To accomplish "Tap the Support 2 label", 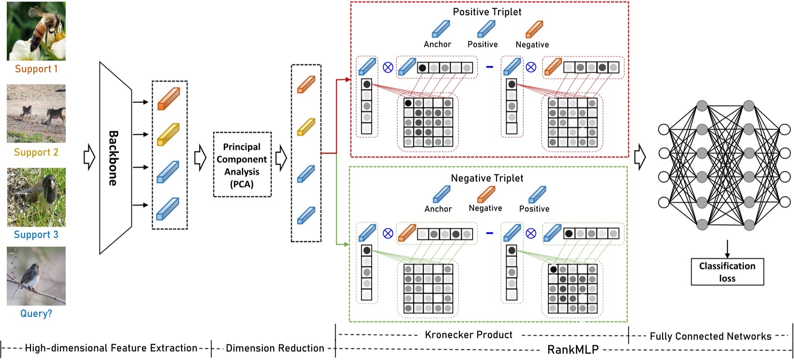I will [x=36, y=152].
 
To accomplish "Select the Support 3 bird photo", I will [x=36, y=197].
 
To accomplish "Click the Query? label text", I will [x=36, y=314].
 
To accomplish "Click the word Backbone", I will [x=113, y=158].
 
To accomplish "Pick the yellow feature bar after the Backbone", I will [x=169, y=134].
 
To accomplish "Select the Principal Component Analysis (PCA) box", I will [x=242, y=165].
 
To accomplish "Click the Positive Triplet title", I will [x=487, y=12].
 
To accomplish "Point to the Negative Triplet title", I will [x=487, y=178].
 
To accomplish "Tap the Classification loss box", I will [x=727, y=272].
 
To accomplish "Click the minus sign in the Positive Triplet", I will [x=489, y=67].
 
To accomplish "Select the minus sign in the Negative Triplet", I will [x=489, y=233].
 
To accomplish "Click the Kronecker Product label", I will [x=468, y=335].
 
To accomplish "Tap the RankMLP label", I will [x=573, y=349].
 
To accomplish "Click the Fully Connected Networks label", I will [x=710, y=336].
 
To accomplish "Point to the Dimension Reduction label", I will [x=275, y=348].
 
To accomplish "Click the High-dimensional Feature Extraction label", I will [x=111, y=348].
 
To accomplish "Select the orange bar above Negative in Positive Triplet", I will [x=534, y=29].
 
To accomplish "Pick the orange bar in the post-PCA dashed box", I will [x=306, y=85].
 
